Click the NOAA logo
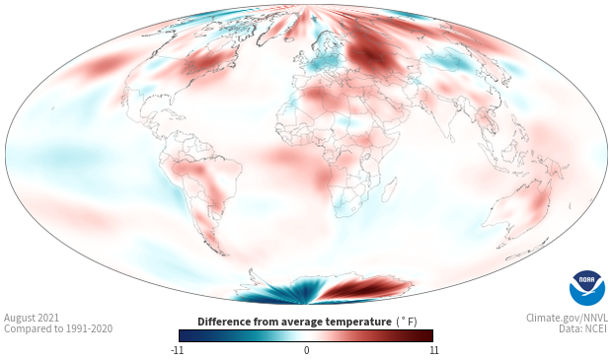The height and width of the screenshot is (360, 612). pyautogui.click(x=587, y=288)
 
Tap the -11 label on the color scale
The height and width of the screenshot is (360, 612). pyautogui.click(x=178, y=350)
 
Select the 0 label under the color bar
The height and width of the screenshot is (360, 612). pyautogui.click(x=306, y=350)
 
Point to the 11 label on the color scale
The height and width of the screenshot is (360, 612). pyautogui.click(x=434, y=350)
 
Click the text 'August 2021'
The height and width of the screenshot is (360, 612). pyautogui.click(x=32, y=318)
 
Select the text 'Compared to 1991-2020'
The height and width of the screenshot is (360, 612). pyautogui.click(x=58, y=328)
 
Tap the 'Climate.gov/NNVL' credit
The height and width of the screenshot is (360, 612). pyautogui.click(x=567, y=318)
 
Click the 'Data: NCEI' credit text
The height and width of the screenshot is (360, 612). pyautogui.click(x=583, y=328)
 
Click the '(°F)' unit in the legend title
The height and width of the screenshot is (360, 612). pyautogui.click(x=407, y=323)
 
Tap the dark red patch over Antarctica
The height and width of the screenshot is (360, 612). pyautogui.click(x=363, y=288)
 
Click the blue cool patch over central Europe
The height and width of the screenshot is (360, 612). pyautogui.click(x=326, y=62)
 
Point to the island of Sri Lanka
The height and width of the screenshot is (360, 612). pyautogui.click(x=451, y=138)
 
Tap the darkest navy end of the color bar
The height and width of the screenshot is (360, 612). pyautogui.click(x=184, y=335)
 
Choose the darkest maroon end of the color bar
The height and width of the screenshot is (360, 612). pyautogui.click(x=427, y=335)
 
